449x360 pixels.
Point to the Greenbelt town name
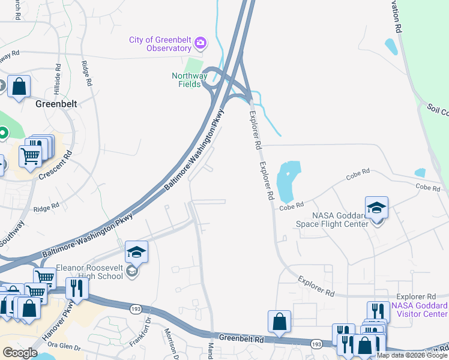pos(57,103)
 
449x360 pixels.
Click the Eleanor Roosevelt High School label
pos(90,274)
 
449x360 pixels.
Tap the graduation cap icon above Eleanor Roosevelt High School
pos(136,252)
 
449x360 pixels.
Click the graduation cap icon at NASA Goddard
pos(376,208)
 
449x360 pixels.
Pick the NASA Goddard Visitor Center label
pos(419,310)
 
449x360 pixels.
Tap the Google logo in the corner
pos(20,353)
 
